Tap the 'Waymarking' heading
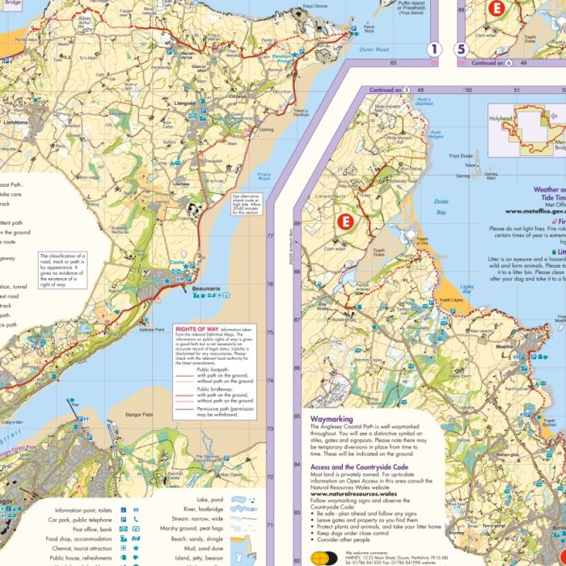tap(333, 420)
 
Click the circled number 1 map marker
tap(435, 50)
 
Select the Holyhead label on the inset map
tap(501, 118)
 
